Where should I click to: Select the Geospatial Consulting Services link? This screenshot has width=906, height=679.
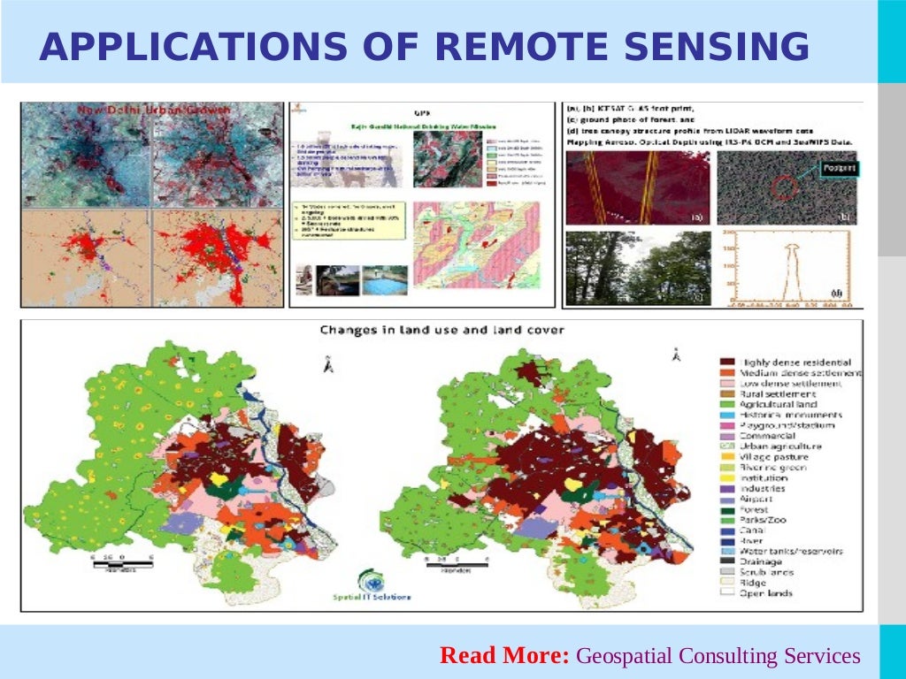[x=718, y=656]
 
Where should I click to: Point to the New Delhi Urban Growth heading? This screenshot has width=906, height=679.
[x=154, y=110]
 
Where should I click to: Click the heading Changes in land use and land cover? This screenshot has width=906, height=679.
[x=441, y=331]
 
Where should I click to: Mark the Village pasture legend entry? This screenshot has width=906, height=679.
[x=775, y=457]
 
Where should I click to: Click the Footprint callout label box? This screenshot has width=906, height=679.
[x=838, y=166]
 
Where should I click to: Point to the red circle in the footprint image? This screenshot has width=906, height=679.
[x=781, y=187]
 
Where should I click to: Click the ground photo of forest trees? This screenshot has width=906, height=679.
[x=637, y=268]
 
